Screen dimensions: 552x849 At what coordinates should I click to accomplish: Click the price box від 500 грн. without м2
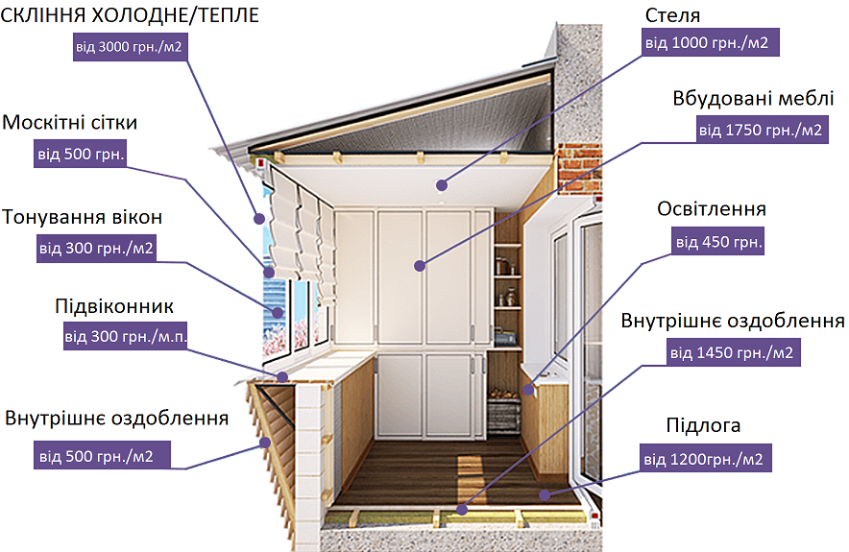click(81, 154)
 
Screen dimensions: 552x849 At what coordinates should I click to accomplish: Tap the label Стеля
click(673, 15)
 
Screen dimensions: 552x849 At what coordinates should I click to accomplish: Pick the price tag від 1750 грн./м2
click(760, 130)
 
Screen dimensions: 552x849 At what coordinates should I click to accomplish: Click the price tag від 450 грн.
click(718, 242)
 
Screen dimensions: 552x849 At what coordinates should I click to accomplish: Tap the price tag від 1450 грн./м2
click(732, 352)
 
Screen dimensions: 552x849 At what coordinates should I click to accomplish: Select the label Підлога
click(703, 425)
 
